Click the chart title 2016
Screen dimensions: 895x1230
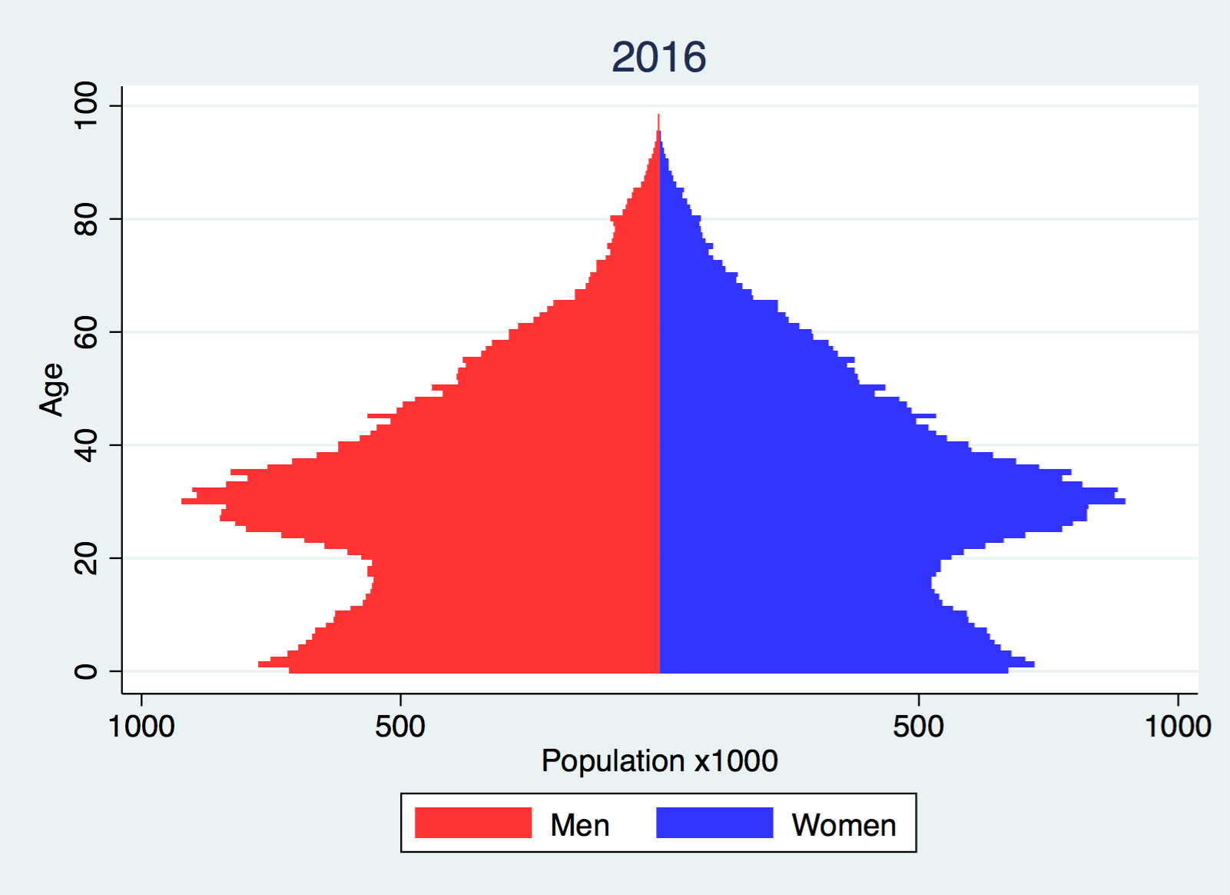(658, 58)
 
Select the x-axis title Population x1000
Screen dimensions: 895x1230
(659, 760)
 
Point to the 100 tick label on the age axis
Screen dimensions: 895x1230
(86, 105)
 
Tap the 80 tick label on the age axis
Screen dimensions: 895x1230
(86, 219)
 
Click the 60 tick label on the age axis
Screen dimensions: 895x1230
(86, 332)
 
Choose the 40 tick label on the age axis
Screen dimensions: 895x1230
(86, 445)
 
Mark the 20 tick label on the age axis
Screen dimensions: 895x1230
(86, 558)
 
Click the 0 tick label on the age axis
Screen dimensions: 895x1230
(86, 671)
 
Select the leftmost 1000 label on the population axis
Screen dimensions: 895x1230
(142, 726)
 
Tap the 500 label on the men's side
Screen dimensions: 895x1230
(400, 726)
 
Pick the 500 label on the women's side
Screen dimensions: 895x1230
(918, 726)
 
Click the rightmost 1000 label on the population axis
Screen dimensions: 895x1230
(1178, 726)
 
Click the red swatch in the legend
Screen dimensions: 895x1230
(472, 823)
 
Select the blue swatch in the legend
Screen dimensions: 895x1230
(714, 823)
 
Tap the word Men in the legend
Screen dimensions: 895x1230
(580, 825)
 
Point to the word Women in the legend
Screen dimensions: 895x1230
(844, 825)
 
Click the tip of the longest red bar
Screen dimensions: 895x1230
(184, 501)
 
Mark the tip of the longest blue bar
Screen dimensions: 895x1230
(1123, 501)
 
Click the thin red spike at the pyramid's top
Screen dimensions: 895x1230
(658, 121)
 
